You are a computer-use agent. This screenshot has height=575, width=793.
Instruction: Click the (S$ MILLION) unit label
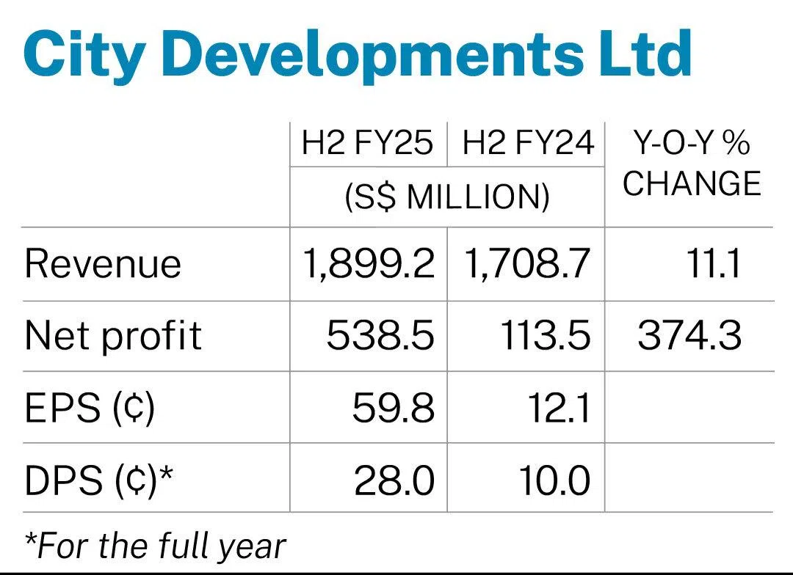447,197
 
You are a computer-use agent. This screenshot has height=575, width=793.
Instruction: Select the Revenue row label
103,264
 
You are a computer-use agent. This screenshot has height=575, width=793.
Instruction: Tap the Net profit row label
113,336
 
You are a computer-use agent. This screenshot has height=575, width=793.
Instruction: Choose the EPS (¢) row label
90,409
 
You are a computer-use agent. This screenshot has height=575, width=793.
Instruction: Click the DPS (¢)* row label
99,480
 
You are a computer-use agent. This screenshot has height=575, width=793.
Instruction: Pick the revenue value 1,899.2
369,264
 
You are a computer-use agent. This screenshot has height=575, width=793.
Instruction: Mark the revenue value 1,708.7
527,264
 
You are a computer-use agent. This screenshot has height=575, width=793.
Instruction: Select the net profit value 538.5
380,336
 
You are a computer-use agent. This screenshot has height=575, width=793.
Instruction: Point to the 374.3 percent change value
689,336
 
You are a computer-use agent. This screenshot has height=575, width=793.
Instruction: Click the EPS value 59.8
393,409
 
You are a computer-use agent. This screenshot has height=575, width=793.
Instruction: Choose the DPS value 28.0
394,480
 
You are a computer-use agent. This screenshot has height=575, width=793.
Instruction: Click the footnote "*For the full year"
154,545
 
